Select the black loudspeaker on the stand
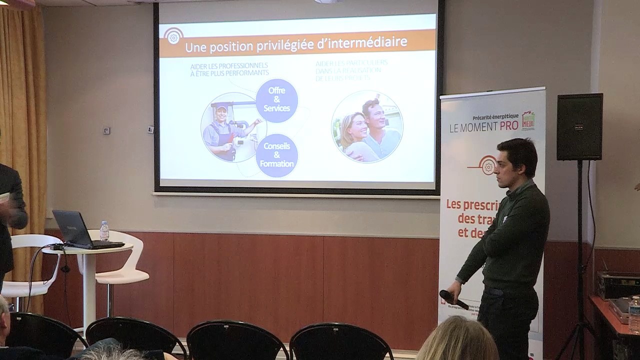[579, 126]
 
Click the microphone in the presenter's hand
[453, 299]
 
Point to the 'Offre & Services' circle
[276, 100]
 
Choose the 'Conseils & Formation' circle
[276, 155]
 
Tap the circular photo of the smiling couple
[367, 126]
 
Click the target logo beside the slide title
[173, 36]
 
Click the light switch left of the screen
[106, 130]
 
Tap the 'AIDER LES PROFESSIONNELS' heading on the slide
[229, 66]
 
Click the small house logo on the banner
[528, 120]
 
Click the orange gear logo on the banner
[487, 165]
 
